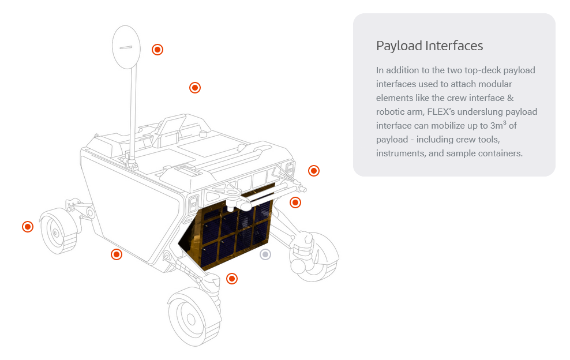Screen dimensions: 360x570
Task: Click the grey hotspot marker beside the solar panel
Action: [265, 254]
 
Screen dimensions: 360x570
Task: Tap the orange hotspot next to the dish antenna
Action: [157, 50]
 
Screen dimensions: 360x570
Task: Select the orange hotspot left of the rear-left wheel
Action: [28, 227]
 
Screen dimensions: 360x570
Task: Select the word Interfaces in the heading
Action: [455, 46]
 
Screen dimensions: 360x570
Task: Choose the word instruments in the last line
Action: [399, 153]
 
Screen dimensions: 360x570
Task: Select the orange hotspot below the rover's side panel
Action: [117, 254]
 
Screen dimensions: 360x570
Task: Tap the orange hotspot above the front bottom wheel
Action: [232, 279]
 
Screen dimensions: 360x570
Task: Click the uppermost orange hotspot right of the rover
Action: [314, 171]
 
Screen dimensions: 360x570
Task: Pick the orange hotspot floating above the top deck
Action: [195, 88]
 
